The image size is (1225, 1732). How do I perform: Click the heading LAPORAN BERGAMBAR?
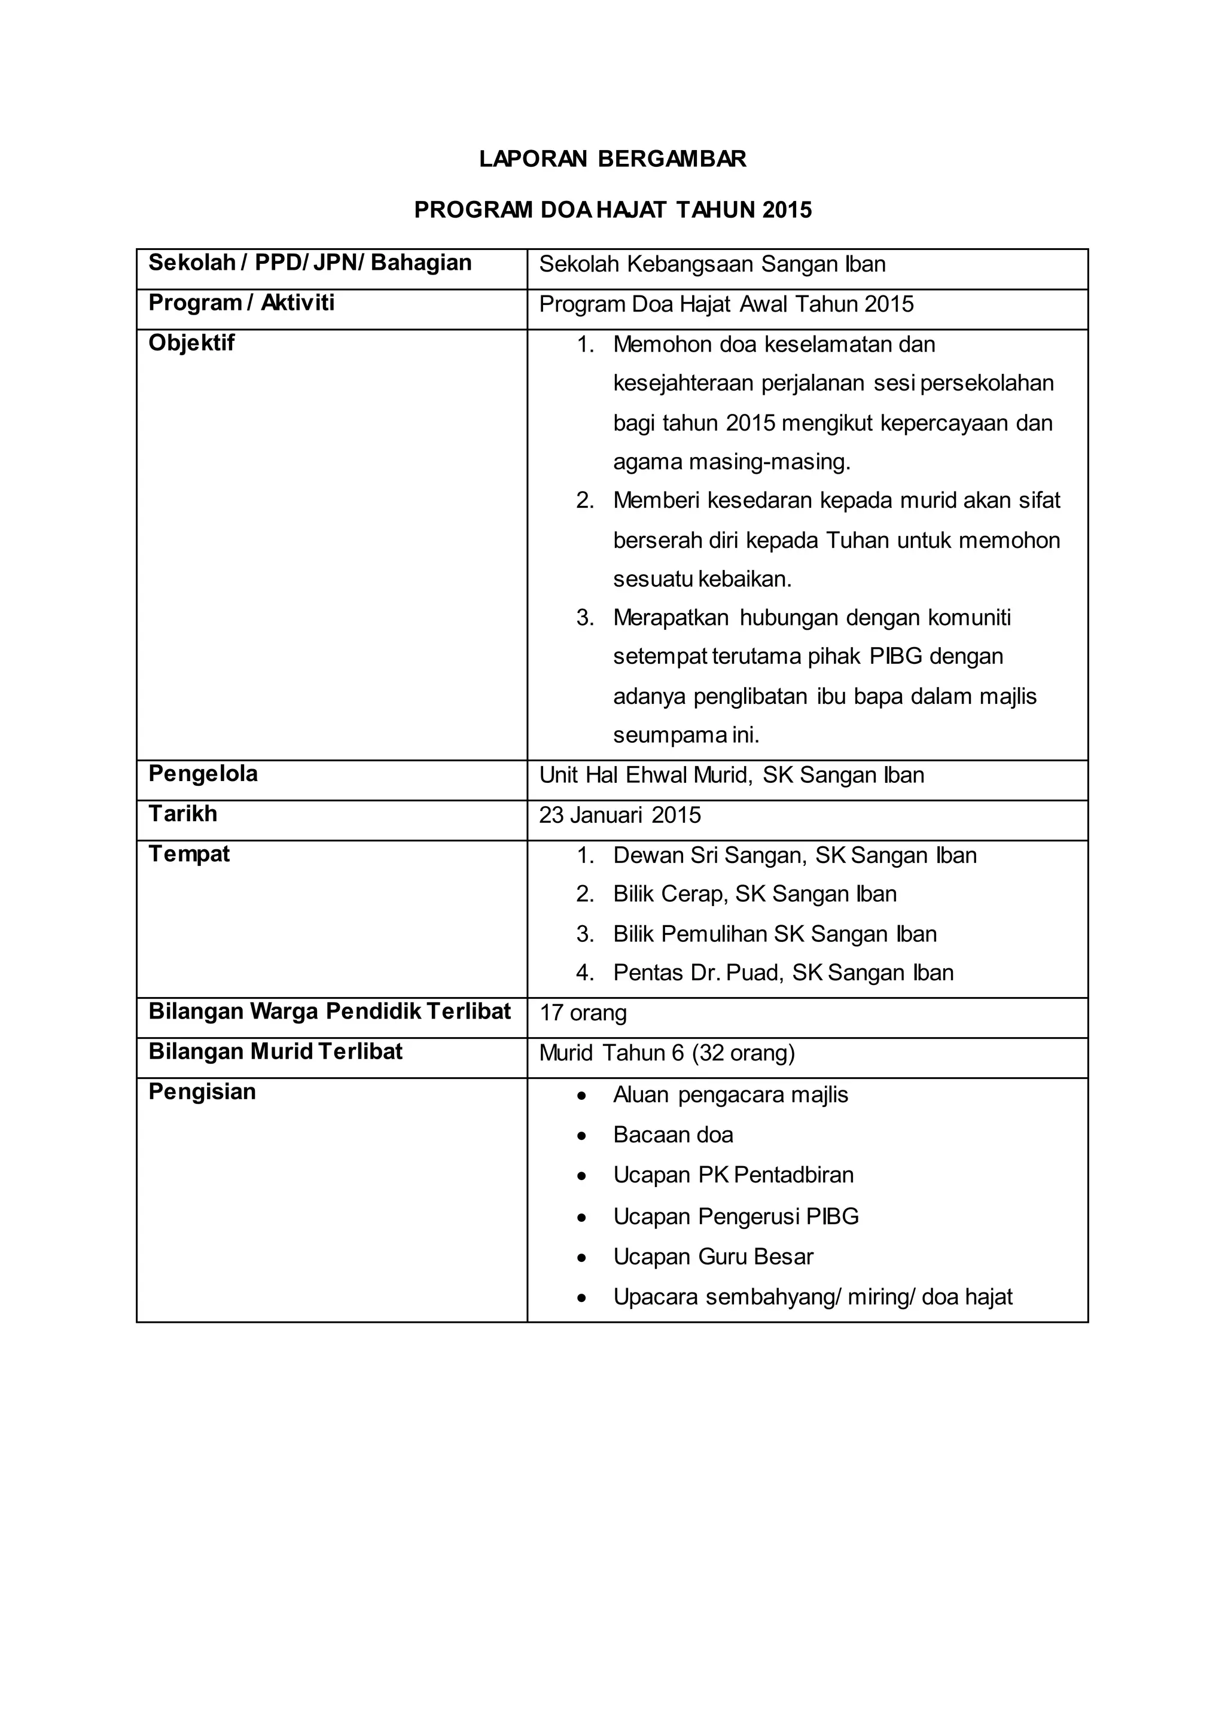(x=612, y=159)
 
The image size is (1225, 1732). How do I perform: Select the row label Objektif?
(x=191, y=343)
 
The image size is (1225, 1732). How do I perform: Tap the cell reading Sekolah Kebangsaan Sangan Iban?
(x=712, y=265)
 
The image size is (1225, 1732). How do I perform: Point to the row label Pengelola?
(x=203, y=774)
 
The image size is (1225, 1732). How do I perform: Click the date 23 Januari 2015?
(x=620, y=815)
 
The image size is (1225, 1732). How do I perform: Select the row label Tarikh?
(x=182, y=814)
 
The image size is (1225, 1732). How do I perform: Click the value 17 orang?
(x=583, y=1013)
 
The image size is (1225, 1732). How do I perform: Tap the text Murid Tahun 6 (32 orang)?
(x=667, y=1053)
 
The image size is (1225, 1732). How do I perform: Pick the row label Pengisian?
(x=202, y=1092)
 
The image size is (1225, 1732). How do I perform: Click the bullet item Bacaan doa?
(x=673, y=1135)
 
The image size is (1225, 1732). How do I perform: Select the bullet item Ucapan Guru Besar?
(x=713, y=1257)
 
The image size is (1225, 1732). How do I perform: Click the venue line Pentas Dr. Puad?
(x=783, y=973)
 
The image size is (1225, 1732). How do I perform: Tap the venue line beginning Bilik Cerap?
(x=754, y=895)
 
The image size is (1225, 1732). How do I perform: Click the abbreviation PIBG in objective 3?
(x=895, y=656)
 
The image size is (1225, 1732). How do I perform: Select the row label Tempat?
(x=190, y=854)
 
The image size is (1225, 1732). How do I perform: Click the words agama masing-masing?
(x=732, y=462)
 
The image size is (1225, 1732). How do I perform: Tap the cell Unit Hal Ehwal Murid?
(x=731, y=776)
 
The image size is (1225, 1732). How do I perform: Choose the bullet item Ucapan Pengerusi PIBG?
(x=736, y=1217)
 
